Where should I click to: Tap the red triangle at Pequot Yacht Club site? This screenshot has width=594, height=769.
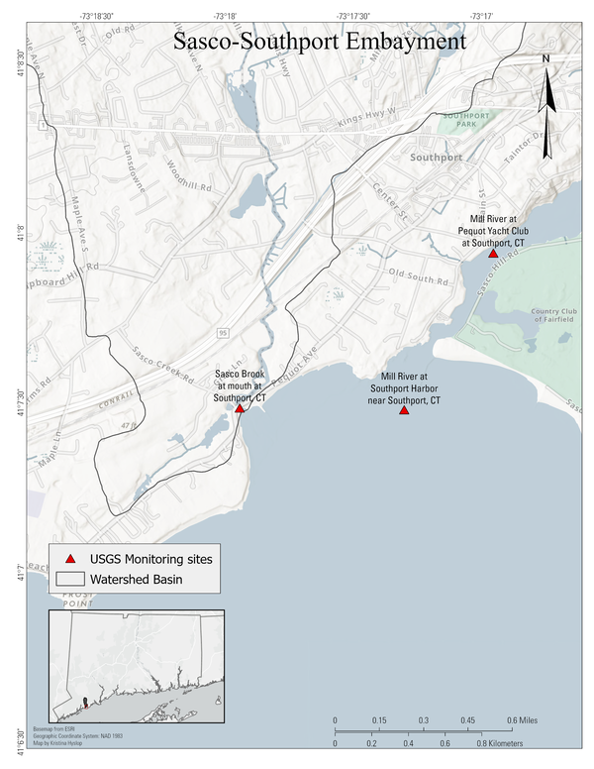(493, 254)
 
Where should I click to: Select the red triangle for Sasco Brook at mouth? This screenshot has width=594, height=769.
(240, 408)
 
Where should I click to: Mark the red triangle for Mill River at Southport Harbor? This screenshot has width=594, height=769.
(404, 410)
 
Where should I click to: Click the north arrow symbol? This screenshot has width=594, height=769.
(546, 109)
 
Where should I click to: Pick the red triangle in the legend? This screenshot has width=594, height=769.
(68, 560)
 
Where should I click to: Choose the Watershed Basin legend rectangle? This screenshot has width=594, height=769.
(68, 579)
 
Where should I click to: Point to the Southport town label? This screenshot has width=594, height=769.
(437, 158)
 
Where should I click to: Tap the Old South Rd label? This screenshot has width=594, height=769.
(419, 273)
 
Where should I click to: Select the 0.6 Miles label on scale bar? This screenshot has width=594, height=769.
(525, 719)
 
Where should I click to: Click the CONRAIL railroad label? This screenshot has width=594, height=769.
(114, 406)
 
